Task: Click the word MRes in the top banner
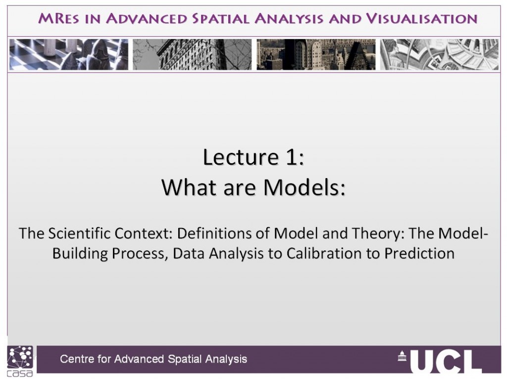pyautogui.click(x=58, y=19)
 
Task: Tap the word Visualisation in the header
pyautogui.click(x=422, y=19)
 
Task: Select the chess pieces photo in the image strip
pyautogui.click(x=68, y=54)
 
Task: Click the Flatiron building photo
pyautogui.click(x=192, y=54)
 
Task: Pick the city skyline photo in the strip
pyautogui.click(x=316, y=54)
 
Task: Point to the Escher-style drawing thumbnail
pyautogui.click(x=439, y=54)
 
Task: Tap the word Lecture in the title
pyautogui.click(x=241, y=157)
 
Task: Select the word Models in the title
pyautogui.click(x=304, y=188)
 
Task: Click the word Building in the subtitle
pyautogui.click(x=80, y=254)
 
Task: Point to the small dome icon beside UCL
pyautogui.click(x=402, y=356)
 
